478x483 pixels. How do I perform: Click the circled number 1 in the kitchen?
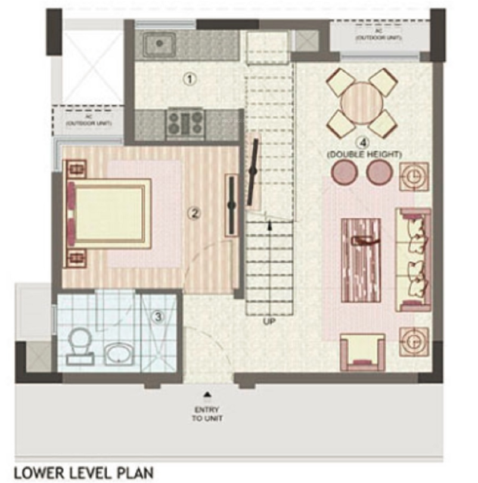(189, 79)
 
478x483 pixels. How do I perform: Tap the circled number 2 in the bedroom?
(193, 212)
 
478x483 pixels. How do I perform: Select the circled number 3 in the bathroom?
(158, 317)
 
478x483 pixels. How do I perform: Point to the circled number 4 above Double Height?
(361, 143)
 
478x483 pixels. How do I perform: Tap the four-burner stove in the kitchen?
(186, 123)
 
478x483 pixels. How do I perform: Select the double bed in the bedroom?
(108, 212)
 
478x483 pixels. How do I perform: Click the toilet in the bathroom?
(79, 344)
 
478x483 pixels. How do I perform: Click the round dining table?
(362, 103)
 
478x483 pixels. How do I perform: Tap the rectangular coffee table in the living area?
(361, 260)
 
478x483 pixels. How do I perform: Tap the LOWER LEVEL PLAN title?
(83, 473)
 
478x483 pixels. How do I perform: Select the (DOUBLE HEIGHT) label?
(364, 154)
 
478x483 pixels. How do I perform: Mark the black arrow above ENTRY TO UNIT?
(206, 394)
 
